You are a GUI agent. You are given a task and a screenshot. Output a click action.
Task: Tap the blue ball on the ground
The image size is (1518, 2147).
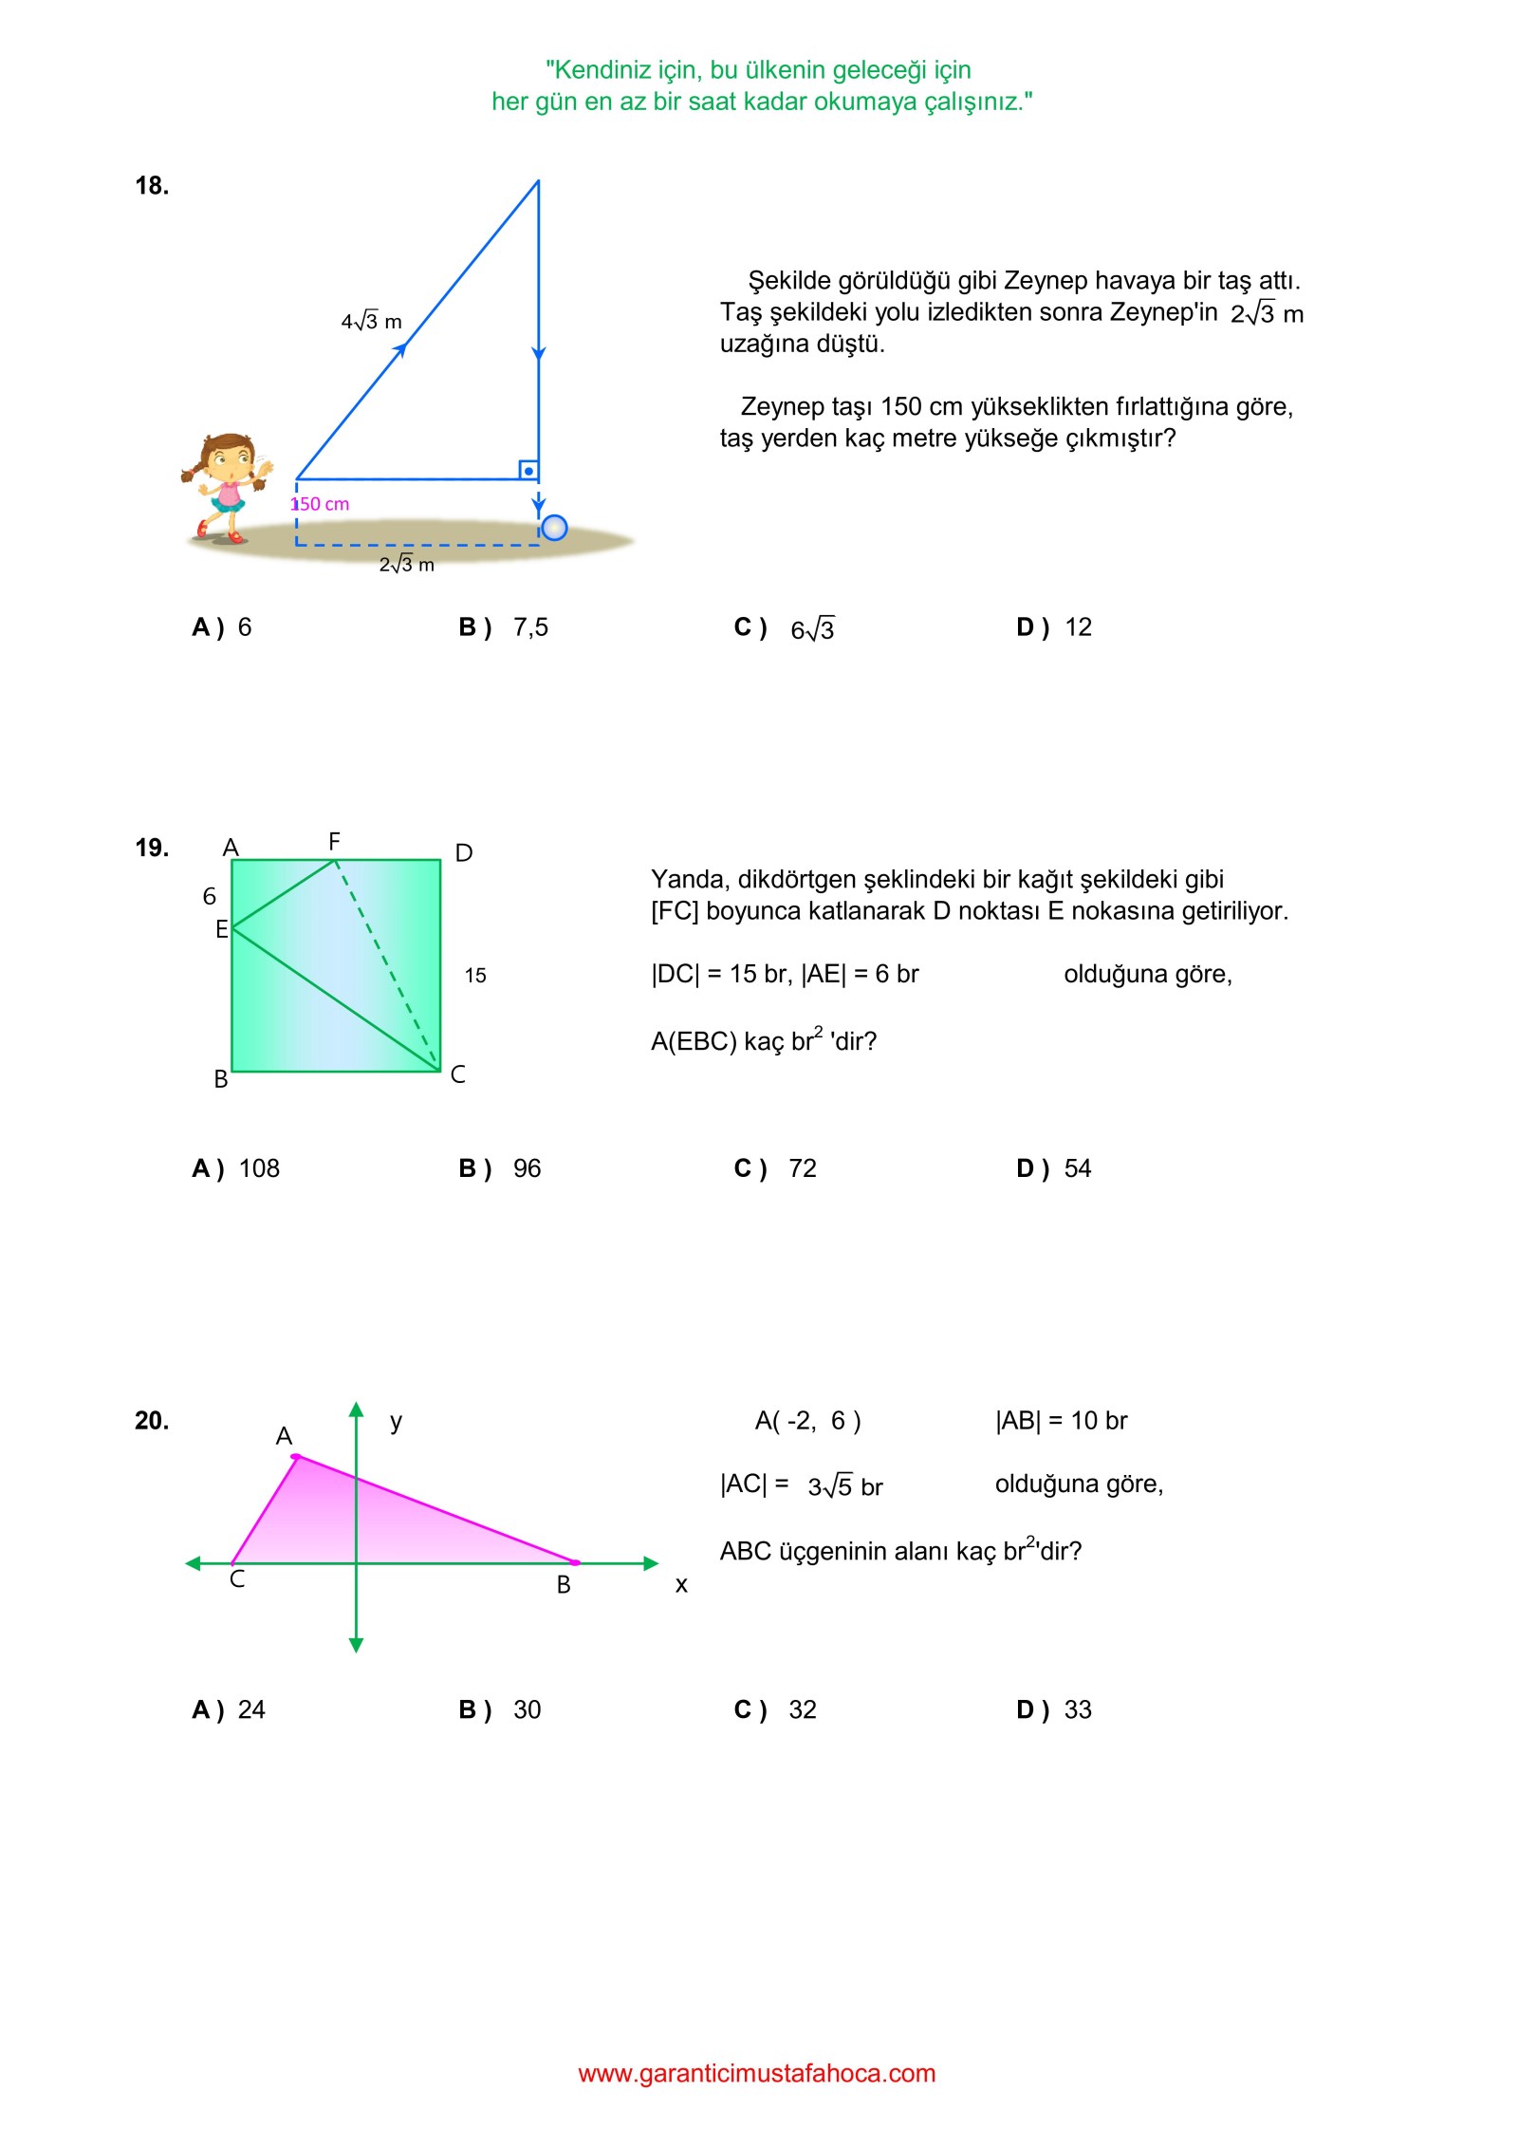click(x=554, y=528)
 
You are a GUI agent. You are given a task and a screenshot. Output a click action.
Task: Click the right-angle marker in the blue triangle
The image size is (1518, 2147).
click(x=528, y=471)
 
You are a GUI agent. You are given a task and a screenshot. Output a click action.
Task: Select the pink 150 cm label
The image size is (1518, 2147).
click(x=321, y=504)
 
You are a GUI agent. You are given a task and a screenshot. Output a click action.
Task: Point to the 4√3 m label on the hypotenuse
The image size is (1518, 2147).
click(x=371, y=322)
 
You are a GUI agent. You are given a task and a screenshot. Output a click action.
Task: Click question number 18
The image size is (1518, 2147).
click(x=152, y=186)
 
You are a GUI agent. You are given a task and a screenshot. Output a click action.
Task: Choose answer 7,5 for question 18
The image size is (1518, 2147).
click(x=529, y=627)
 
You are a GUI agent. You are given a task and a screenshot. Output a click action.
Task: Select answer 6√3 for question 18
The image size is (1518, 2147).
click(x=812, y=629)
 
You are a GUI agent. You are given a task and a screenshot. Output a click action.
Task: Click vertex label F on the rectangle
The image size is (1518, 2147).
click(x=334, y=842)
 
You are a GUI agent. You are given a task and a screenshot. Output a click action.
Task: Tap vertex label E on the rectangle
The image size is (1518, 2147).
click(x=221, y=929)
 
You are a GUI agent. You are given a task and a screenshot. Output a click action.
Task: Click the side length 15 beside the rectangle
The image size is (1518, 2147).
click(x=475, y=976)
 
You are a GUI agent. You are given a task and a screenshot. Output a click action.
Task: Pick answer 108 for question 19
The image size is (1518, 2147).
click(x=258, y=1168)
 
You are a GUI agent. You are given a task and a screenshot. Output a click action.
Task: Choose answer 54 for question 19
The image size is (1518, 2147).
click(x=1078, y=1168)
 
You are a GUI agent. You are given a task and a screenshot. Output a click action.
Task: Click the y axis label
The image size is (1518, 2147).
click(x=397, y=1421)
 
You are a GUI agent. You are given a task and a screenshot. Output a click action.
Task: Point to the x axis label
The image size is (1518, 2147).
click(x=681, y=1584)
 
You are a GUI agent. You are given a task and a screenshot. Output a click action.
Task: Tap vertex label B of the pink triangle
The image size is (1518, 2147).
click(x=564, y=1584)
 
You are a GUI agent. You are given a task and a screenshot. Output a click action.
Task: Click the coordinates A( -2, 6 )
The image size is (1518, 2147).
click(x=807, y=1421)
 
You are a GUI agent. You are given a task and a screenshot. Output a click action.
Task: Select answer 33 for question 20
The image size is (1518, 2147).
click(x=1078, y=1709)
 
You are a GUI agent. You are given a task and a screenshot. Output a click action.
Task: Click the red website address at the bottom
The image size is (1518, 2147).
click(x=757, y=2073)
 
